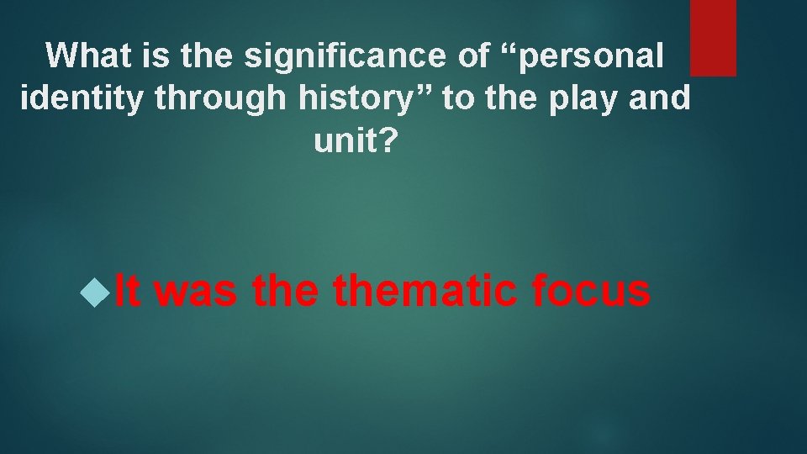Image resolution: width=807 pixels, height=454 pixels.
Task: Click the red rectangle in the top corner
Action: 713,37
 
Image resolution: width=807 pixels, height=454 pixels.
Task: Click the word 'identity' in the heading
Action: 70,98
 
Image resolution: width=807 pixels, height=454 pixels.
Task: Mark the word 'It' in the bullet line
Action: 127,292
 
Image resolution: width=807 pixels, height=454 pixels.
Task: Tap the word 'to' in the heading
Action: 458,98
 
